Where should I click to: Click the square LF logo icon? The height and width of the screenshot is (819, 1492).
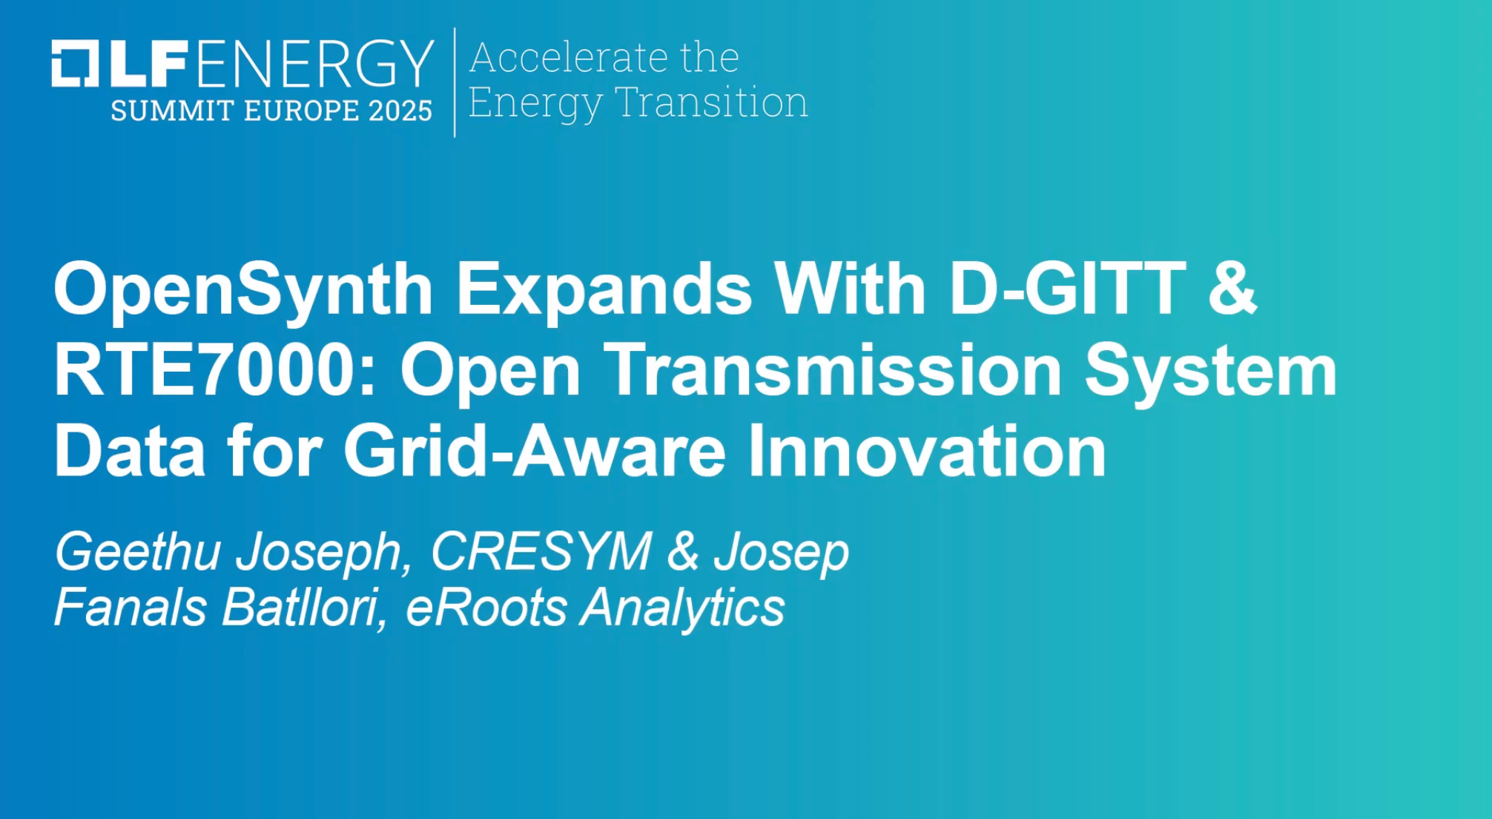75,63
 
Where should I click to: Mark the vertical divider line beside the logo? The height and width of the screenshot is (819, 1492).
455,82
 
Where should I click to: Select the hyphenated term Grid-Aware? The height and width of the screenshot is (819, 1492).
534,451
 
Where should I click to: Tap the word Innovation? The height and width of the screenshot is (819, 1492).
927,451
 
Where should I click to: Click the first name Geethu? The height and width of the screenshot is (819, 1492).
138,552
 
